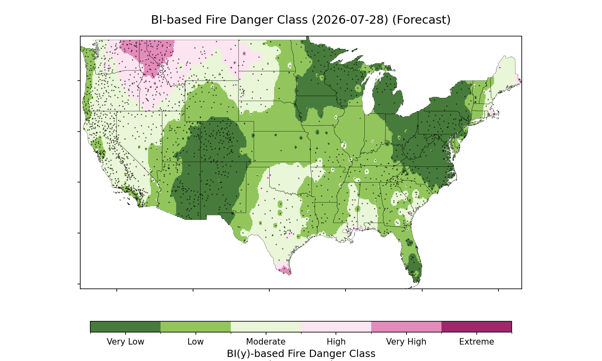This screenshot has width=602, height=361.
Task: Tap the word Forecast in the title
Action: [421, 20]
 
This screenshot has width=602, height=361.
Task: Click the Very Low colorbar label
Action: [126, 342]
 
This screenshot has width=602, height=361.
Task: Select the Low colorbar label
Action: [196, 342]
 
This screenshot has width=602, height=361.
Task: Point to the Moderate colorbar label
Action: [266, 342]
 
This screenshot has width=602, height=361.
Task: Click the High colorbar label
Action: [336, 342]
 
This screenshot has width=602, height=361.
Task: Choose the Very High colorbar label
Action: [406, 342]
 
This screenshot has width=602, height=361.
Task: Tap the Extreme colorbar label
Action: [476, 342]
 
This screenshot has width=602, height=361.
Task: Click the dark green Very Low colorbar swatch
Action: [126, 327]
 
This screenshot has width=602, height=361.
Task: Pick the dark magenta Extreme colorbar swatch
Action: [476, 327]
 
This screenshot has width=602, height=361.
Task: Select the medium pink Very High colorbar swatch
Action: [406, 327]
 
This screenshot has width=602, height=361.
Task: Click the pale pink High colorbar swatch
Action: [336, 327]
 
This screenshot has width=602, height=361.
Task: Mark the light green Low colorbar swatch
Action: [196, 327]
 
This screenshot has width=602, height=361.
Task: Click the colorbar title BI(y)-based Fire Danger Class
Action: [301, 354]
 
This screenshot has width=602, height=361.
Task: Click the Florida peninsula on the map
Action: [411, 258]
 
